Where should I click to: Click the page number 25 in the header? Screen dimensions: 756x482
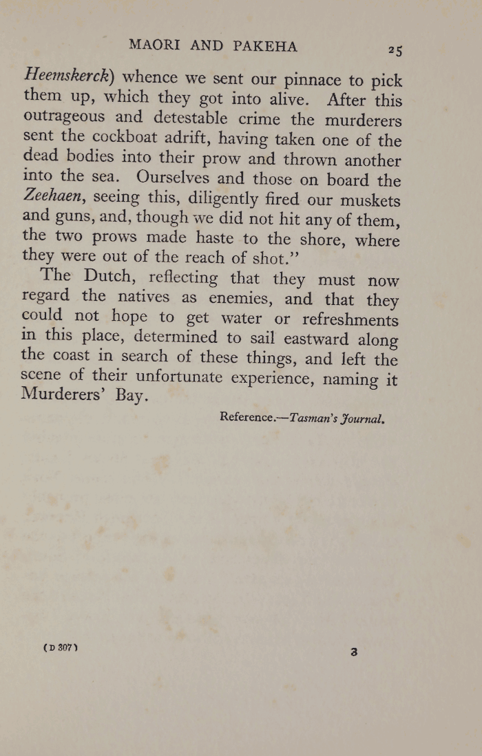point(395,50)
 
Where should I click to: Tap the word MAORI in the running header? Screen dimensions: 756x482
point(156,46)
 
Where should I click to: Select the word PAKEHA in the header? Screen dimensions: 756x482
point(265,47)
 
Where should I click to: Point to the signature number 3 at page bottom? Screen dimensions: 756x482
point(354,651)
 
